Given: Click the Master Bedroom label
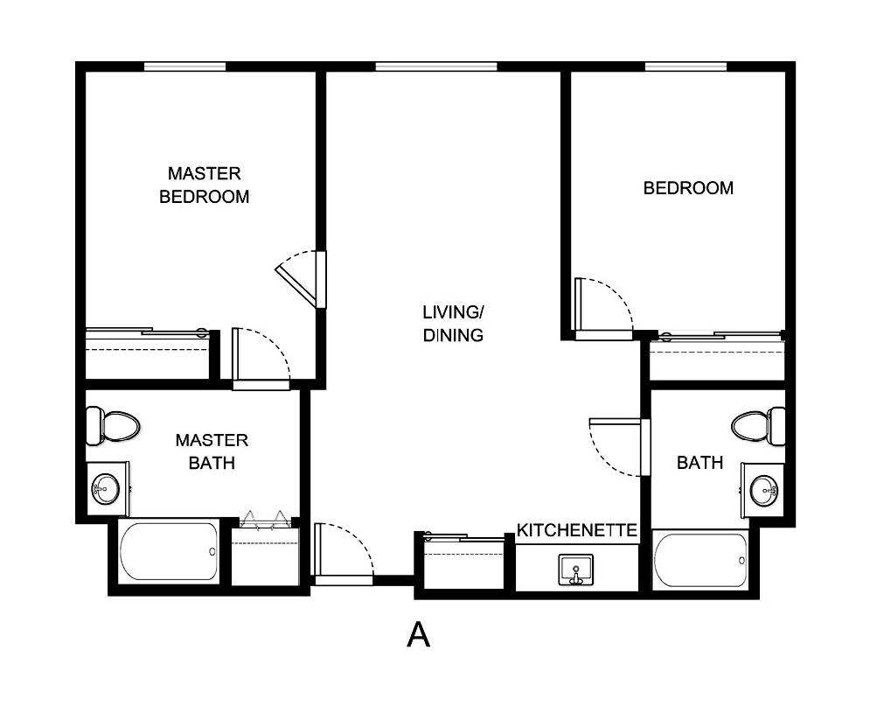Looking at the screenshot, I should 204,185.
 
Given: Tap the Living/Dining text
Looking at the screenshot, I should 452,323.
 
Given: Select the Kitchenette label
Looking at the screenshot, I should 576,530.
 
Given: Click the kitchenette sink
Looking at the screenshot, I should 575,569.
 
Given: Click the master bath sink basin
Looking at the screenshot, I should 107,486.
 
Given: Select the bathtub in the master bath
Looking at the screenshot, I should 169,551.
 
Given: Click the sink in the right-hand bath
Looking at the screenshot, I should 764,489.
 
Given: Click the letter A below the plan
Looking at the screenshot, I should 419,634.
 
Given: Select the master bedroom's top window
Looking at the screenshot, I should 184,66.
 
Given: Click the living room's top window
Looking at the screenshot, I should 435,66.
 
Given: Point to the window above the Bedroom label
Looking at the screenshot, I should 686,66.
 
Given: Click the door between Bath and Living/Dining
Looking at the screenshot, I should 619,446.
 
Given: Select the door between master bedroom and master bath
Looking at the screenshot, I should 259,359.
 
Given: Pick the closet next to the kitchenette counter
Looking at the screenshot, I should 463,564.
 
